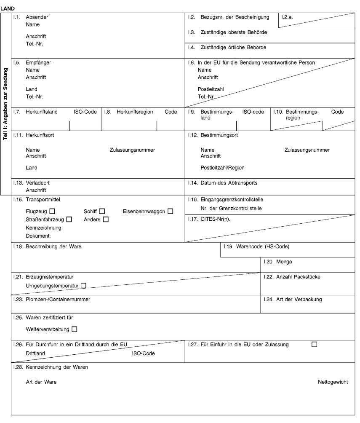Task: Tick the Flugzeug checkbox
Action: tap(52, 211)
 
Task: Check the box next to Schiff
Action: tap(102, 211)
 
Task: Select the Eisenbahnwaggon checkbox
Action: tap(171, 211)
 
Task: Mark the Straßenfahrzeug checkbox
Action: tap(69, 219)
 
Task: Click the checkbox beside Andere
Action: tap(106, 219)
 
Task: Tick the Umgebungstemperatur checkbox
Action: tap(83, 286)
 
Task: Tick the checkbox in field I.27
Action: tap(314, 344)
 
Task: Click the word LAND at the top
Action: tap(8, 8)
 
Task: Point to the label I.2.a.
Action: tap(287, 17)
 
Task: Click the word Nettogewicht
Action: tap(333, 382)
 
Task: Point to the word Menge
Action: tap(284, 262)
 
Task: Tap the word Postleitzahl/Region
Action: tap(222, 168)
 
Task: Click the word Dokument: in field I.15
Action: tap(38, 236)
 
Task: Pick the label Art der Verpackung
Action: tap(299, 300)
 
